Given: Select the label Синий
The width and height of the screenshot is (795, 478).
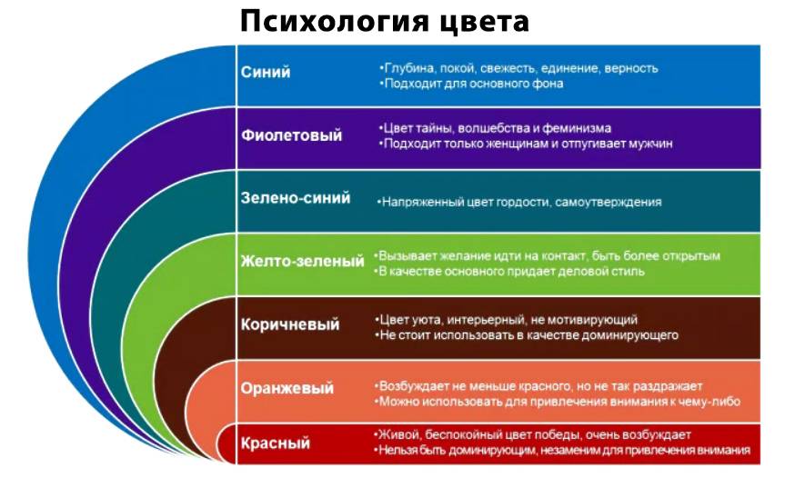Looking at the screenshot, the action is click(266, 72).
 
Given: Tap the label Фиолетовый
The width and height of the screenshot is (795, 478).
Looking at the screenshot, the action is click(292, 135).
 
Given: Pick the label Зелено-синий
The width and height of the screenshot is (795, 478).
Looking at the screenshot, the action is click(296, 197).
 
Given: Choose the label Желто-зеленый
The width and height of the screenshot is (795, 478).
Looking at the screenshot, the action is click(303, 262).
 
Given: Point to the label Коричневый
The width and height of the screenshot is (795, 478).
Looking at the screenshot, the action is click(290, 324).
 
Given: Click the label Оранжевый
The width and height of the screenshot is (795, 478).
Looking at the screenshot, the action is click(287, 388).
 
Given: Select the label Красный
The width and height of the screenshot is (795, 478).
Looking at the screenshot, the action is click(276, 443).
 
